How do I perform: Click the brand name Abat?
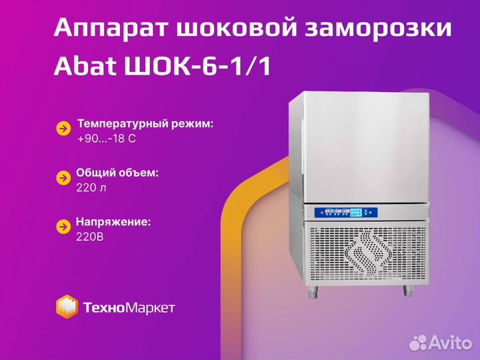tap(85, 66)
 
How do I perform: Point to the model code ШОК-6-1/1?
tap(198, 66)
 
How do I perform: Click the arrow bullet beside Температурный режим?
tap(63, 129)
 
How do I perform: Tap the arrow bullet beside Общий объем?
tap(63, 178)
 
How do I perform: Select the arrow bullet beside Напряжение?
tap(63, 227)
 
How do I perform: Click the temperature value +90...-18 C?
tap(107, 139)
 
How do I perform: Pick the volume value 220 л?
tap(91, 187)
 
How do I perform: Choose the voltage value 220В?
tap(90, 237)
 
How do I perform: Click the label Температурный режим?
tap(145, 124)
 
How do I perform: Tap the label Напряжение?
tap(113, 222)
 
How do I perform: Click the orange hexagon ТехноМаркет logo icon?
tap(67, 307)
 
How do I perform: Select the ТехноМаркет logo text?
tap(129, 307)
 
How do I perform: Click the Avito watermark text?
tap(451, 343)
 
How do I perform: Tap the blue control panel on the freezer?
tap(346, 213)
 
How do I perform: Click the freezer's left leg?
tap(313, 292)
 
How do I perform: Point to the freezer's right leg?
tap(408, 291)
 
